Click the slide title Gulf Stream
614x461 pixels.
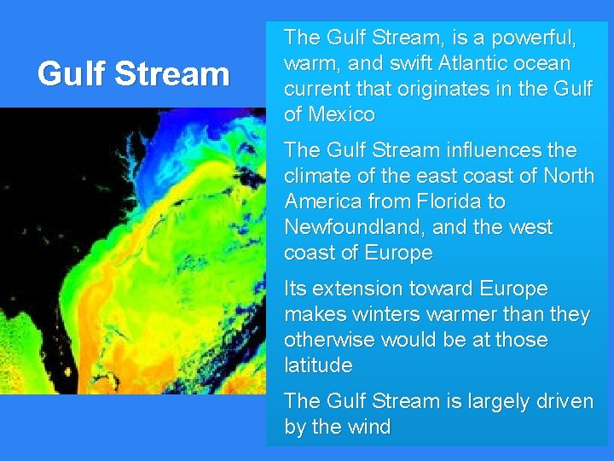[134, 74]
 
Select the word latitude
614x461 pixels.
[318, 365]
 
